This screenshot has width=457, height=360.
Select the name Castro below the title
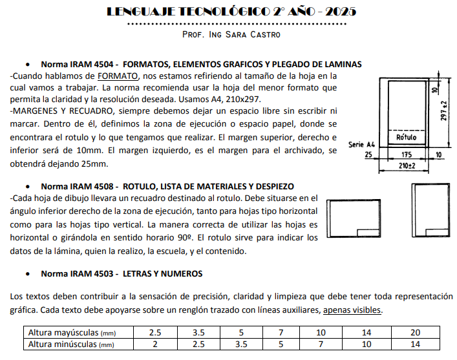point(262,34)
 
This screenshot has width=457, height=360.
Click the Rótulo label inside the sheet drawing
point(405,138)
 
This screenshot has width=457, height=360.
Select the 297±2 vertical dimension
point(444,112)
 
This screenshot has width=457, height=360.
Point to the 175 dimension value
point(407,155)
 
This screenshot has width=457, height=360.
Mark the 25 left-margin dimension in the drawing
point(368,155)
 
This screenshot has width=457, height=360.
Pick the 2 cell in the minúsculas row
point(155,344)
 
